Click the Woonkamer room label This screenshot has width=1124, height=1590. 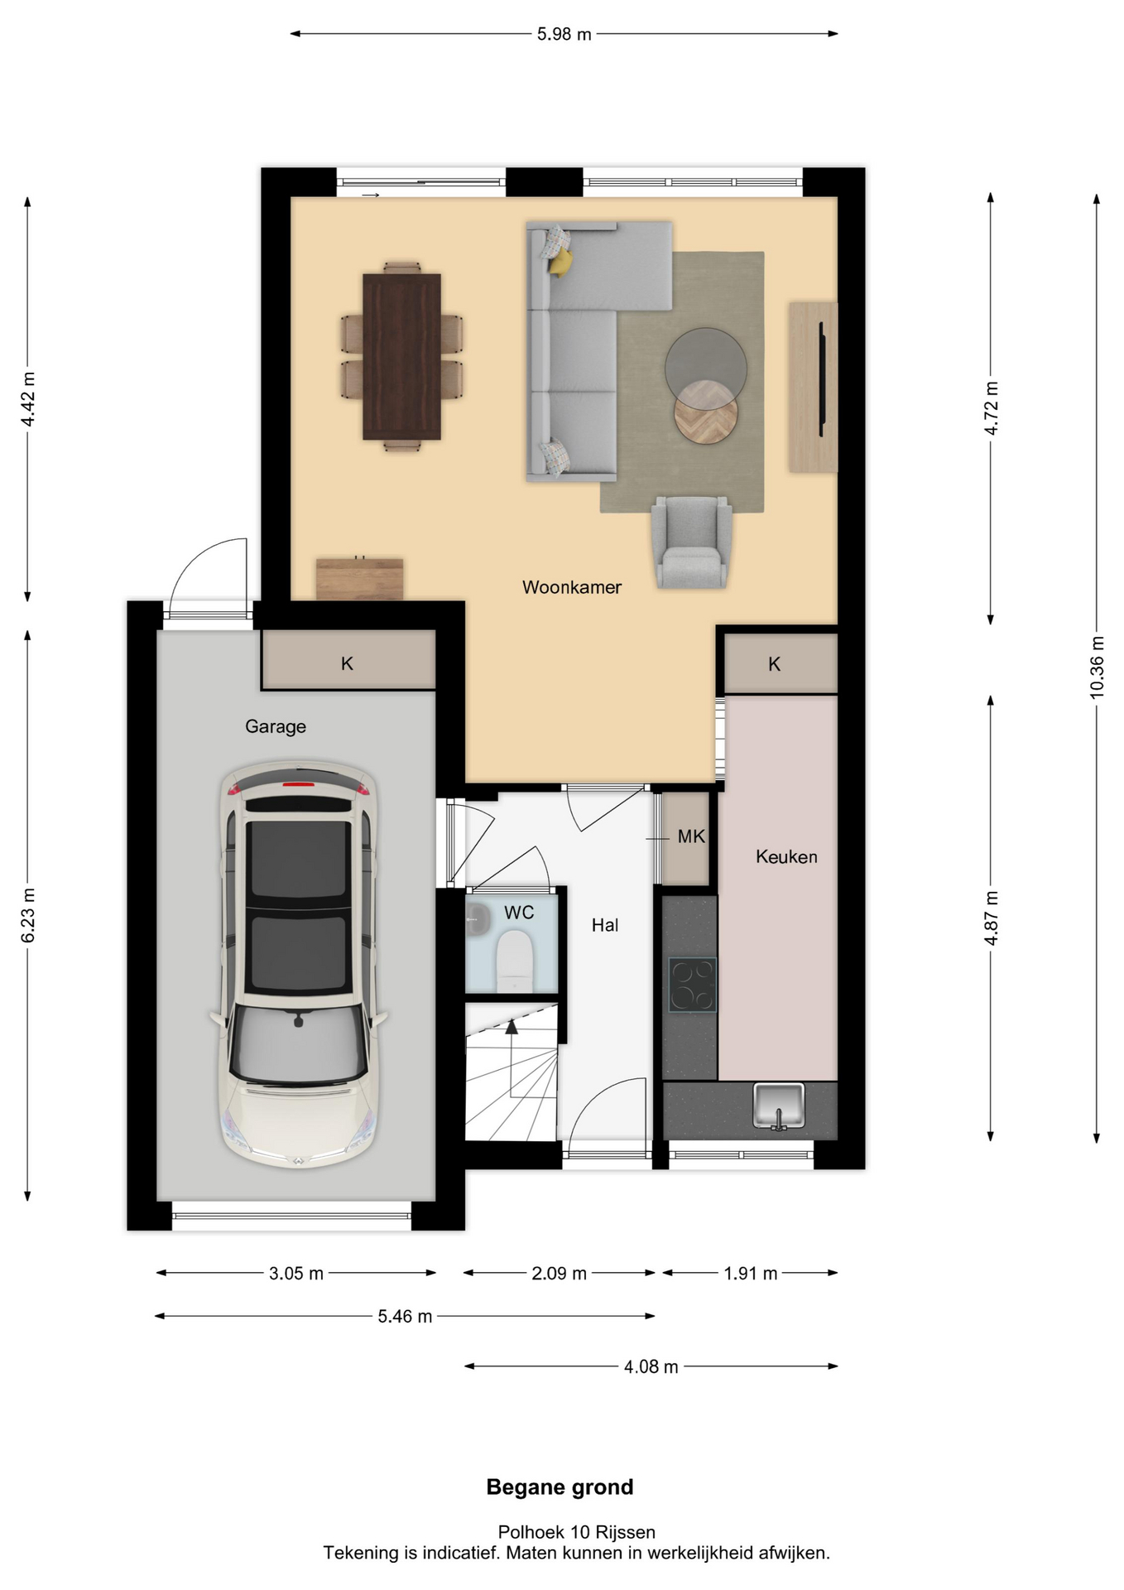(571, 587)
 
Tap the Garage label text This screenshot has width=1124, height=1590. (276, 726)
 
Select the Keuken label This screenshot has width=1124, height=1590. (786, 856)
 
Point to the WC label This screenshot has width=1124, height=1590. (519, 913)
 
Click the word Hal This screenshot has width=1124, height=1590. (605, 925)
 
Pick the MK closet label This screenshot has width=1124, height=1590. (691, 836)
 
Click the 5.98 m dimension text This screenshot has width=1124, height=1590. (564, 34)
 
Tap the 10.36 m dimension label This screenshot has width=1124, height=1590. (1097, 667)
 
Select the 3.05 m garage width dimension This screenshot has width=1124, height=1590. (296, 1274)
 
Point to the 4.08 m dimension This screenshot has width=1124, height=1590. (651, 1366)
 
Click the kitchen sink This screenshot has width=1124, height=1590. (779, 1106)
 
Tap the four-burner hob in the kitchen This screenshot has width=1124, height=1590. (692, 985)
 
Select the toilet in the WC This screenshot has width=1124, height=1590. (514, 961)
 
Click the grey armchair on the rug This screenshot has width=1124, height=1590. (691, 542)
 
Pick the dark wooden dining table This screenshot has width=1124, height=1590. (401, 356)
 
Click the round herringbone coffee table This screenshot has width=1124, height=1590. (705, 412)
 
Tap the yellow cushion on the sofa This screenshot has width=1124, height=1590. (561, 262)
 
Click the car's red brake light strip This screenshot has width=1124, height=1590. (300, 783)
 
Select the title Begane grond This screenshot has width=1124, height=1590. (560, 1487)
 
